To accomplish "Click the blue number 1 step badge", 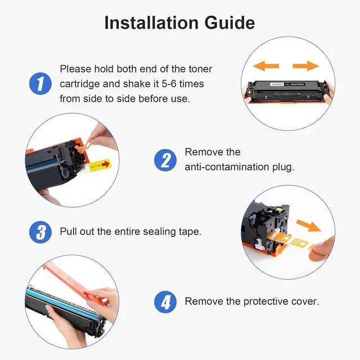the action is pyautogui.click(x=40, y=84).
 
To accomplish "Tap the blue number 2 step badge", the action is pyautogui.click(x=165, y=160).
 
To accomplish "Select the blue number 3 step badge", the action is pyautogui.click(x=40, y=232).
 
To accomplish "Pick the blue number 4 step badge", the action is pyautogui.click(x=165, y=302).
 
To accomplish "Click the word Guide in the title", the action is pyautogui.click(x=229, y=22).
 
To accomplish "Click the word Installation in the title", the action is pyautogui.click(x=151, y=22).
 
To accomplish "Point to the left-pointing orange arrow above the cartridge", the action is pyautogui.click(x=266, y=66).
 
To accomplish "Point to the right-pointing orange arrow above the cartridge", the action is pyautogui.click(x=306, y=66).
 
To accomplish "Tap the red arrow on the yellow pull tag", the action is pyautogui.click(x=106, y=164).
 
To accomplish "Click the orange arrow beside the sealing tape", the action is pyautogui.click(x=308, y=225).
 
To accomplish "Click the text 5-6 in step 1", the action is pyautogui.click(x=169, y=84).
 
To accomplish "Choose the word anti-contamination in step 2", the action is pyautogui.click(x=227, y=167).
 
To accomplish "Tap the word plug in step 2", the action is pyautogui.click(x=283, y=168).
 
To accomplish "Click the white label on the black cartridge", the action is pyautogui.click(x=287, y=84).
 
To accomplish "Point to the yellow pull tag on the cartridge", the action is pyautogui.click(x=100, y=165).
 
